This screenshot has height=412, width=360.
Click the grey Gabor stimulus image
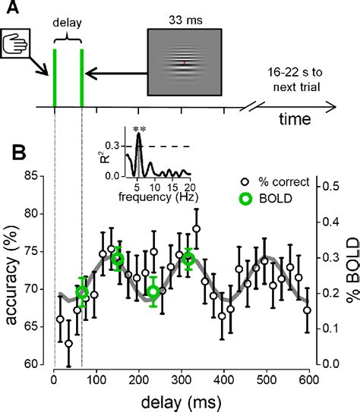click(183, 62)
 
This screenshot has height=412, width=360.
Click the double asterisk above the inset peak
click(138, 130)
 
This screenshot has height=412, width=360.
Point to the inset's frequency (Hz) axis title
click(158, 197)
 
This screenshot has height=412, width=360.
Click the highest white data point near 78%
click(197, 228)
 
